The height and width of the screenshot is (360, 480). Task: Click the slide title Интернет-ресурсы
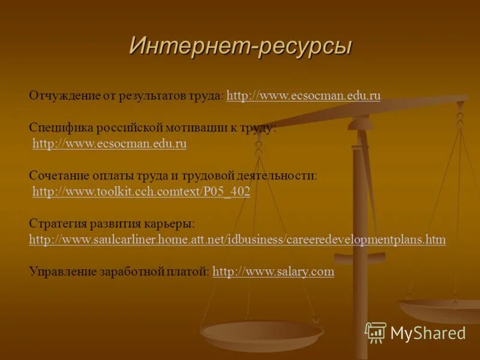coord(240,46)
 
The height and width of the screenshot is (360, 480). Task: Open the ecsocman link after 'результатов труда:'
coord(304,96)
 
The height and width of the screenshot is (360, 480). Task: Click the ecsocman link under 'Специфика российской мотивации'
coord(109,144)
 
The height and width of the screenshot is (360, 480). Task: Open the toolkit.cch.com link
coord(141,192)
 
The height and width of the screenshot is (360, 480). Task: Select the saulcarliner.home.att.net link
coord(237,240)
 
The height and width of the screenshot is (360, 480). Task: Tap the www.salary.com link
coord(273,272)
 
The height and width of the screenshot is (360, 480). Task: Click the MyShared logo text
coord(428,333)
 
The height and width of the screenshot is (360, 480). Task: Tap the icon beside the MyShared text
coord(376,332)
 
